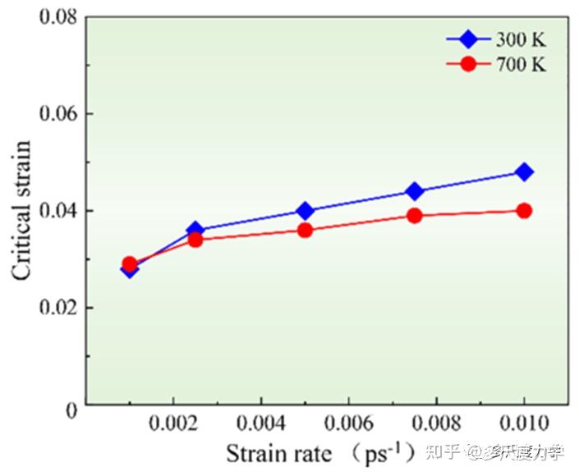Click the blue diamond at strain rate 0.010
coord(524,172)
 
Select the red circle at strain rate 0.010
coord(524,211)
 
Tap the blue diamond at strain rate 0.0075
coord(415,191)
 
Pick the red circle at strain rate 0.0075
coord(415,216)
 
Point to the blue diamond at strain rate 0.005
coord(306,211)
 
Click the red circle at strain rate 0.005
coord(306,231)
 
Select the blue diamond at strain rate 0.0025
coord(195,231)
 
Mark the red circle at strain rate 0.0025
coord(195,240)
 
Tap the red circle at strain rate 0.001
coord(130,264)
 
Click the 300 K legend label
coord(521,39)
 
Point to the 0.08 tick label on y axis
coord(60,16)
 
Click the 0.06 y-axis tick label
coord(60,113)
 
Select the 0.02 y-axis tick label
coord(60,309)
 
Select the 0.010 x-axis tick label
coord(524,427)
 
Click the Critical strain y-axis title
coord(22,211)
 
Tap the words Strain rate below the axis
coord(279,454)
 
